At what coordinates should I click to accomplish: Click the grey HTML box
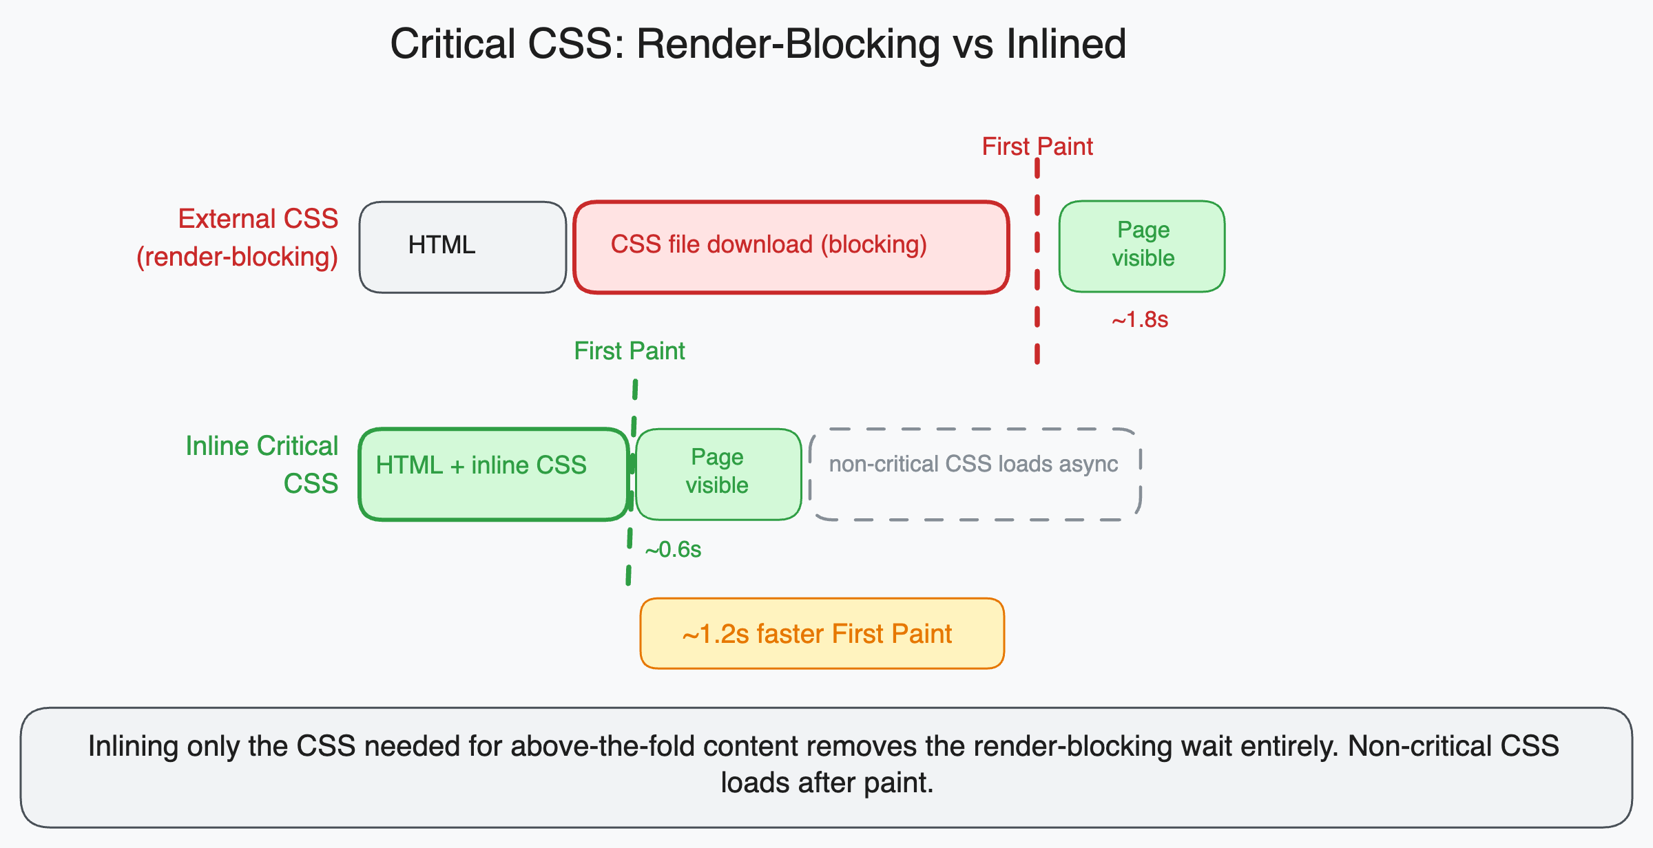click(462, 246)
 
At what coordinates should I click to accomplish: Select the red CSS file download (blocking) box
click(791, 246)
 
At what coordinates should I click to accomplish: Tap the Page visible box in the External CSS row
click(1141, 246)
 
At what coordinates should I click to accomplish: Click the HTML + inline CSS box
click(493, 474)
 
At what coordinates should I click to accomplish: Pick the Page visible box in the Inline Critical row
click(718, 474)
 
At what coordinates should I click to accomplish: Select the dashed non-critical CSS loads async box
click(974, 474)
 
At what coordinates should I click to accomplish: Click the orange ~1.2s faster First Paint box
click(822, 633)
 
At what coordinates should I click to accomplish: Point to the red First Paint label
click(1037, 147)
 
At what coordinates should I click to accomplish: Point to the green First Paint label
click(629, 351)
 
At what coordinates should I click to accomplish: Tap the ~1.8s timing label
click(1140, 320)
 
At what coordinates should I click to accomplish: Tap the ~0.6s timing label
click(673, 550)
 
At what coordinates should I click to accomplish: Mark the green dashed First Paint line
click(630, 551)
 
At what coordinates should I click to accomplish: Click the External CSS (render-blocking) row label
click(238, 237)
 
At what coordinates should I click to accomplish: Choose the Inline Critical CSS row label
click(262, 465)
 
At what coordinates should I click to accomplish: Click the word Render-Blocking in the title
click(788, 44)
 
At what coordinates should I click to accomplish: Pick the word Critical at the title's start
click(453, 44)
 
